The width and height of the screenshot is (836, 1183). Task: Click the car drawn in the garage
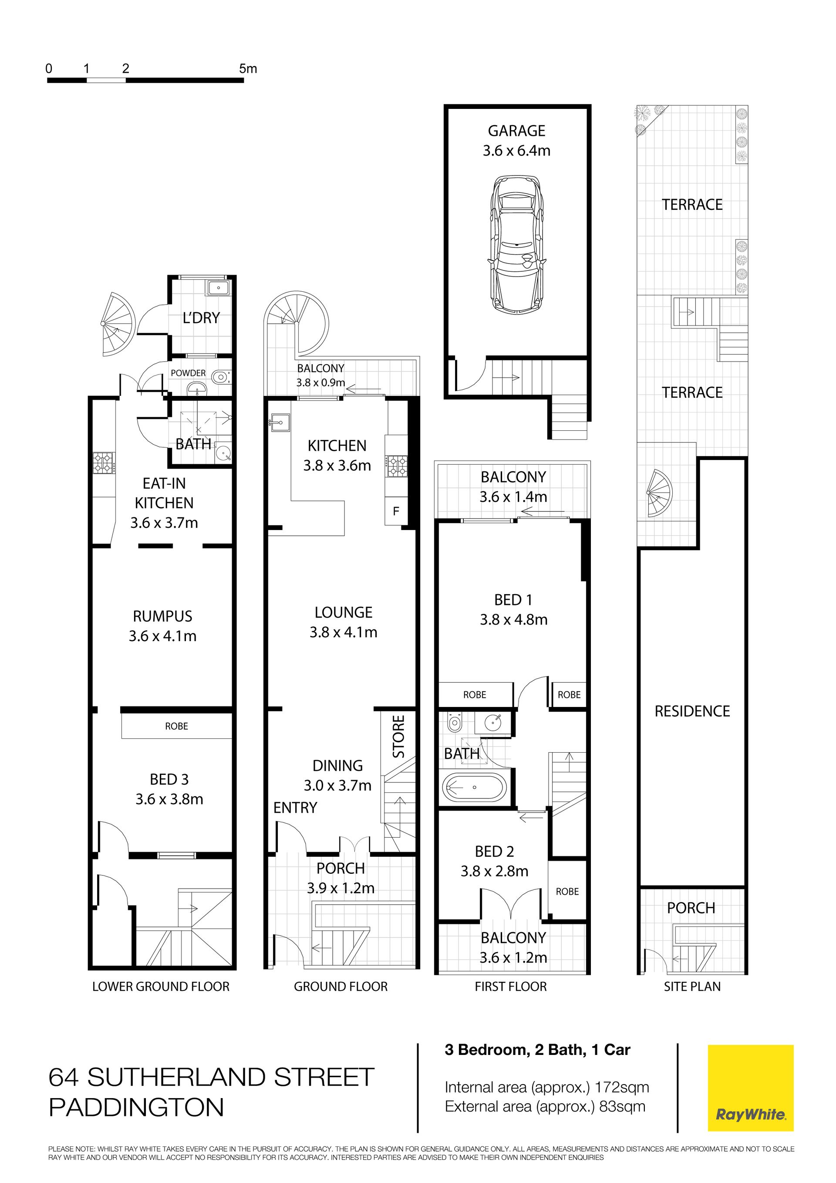point(516,244)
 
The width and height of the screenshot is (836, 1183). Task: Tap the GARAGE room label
point(517,131)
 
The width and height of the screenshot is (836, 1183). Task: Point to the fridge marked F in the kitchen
point(396,511)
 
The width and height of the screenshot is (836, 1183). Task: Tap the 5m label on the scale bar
point(248,68)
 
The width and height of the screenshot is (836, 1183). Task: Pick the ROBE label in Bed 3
point(177,726)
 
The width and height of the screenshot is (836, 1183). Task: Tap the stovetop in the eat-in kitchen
point(104,462)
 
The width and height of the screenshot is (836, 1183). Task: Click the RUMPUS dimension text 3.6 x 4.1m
point(163,636)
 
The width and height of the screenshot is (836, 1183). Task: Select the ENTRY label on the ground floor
point(295,808)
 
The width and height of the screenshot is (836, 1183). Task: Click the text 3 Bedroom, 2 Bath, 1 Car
point(537,1050)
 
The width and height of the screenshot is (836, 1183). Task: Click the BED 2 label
point(495,851)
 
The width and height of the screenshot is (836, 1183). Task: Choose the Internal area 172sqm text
point(547,1087)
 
